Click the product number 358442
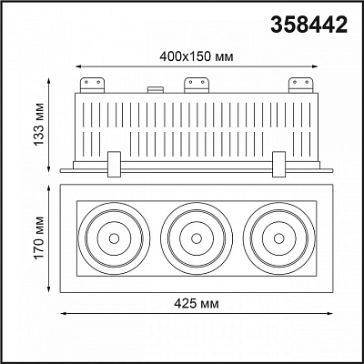point(309,25)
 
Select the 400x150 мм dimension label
point(197,56)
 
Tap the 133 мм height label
point(39,125)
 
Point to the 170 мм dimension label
point(39,238)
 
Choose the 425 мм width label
point(197,304)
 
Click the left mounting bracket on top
point(92,86)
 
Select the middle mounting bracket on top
point(197,86)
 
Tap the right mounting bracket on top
point(300,86)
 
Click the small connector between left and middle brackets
point(156,90)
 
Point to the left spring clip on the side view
point(114,164)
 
